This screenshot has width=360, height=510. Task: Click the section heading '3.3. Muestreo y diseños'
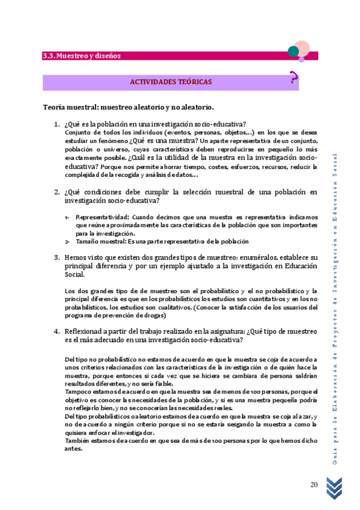[82, 56]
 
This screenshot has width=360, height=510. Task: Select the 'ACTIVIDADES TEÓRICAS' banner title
[170, 82]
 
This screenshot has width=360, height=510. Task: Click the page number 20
[314, 485]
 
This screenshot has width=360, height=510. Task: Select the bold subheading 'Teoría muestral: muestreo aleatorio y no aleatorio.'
[128, 107]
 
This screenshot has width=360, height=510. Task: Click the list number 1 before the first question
[56, 124]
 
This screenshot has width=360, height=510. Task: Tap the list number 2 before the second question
[56, 192]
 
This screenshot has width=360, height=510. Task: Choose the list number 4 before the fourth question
[56, 331]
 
